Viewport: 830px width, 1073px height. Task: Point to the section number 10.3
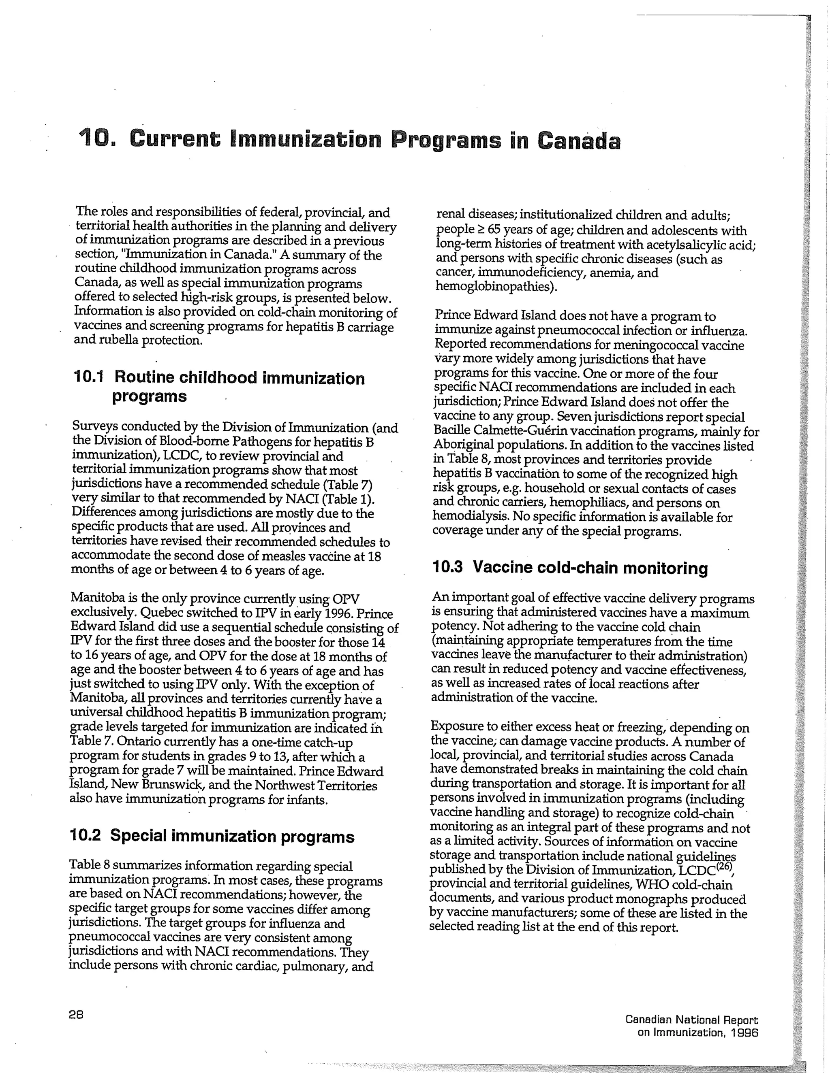tap(447, 567)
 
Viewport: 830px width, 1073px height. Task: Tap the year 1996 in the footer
tap(745, 1032)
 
